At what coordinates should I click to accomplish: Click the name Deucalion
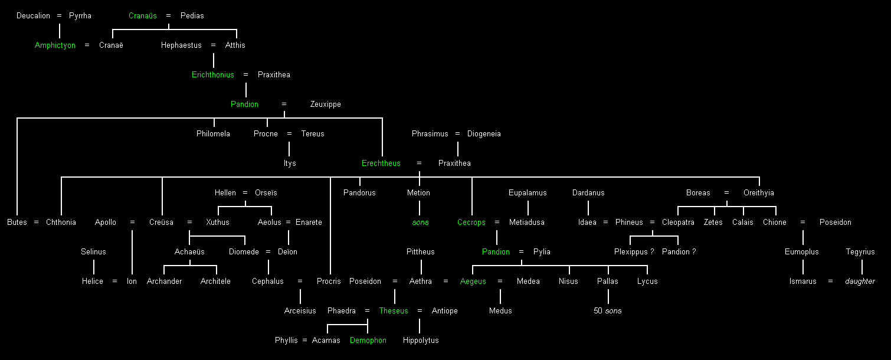pos(33,16)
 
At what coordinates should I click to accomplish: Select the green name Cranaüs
pos(143,16)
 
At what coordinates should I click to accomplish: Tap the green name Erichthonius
pos(213,75)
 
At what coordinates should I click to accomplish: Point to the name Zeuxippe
pos(326,104)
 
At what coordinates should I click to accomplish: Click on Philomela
pos(213,134)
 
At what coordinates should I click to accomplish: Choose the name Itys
pos(290,163)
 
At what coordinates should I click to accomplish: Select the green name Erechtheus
pos(381,163)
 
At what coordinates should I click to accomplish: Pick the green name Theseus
pos(394,311)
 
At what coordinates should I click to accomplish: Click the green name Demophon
pos(368,341)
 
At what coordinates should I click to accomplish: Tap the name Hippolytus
pos(421,341)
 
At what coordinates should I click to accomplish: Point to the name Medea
pos(528,282)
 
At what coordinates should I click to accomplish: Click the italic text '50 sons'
pos(608,311)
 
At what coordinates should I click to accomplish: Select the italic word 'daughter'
pos(860,282)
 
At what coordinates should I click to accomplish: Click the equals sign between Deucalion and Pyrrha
pos(59,16)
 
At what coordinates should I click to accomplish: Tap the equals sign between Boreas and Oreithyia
pos(726,193)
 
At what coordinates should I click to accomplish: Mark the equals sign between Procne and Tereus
pos(289,134)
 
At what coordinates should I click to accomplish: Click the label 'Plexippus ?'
pos(634,252)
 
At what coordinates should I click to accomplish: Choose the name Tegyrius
pos(860,252)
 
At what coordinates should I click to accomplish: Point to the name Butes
pos(17,222)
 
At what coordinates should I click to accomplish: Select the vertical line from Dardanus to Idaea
pos(588,208)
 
